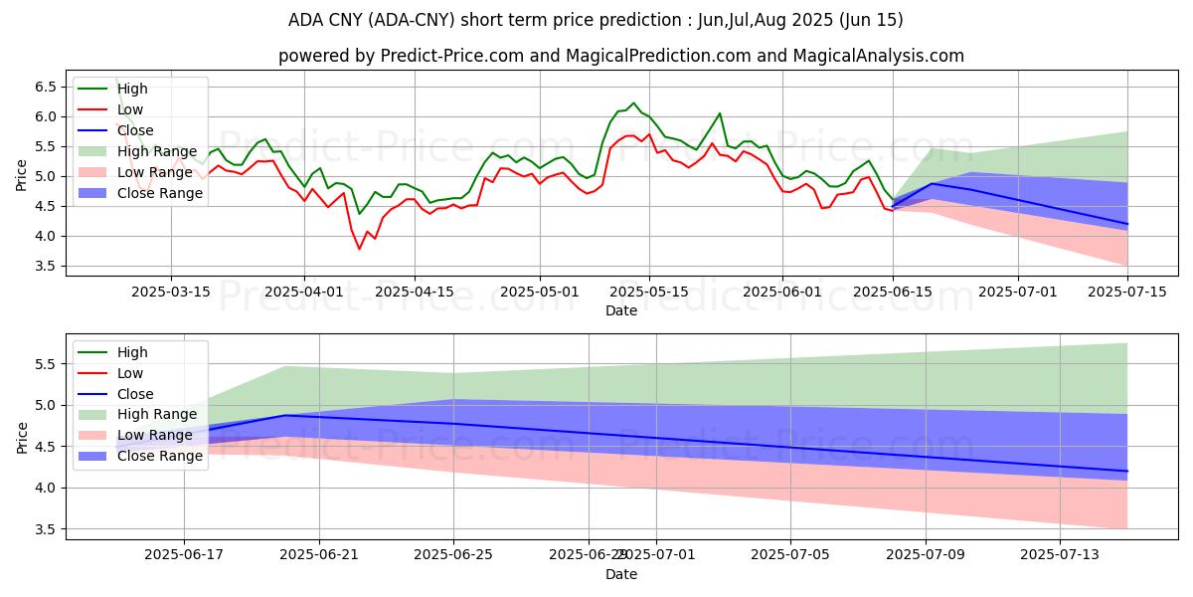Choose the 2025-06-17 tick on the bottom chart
click(184, 554)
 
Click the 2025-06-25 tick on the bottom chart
click(453, 554)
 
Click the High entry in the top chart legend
click(132, 89)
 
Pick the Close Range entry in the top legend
click(159, 193)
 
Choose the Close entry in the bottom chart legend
click(135, 393)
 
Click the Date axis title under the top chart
click(621, 310)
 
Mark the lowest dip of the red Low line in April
click(360, 249)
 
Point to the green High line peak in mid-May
click(633, 102)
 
